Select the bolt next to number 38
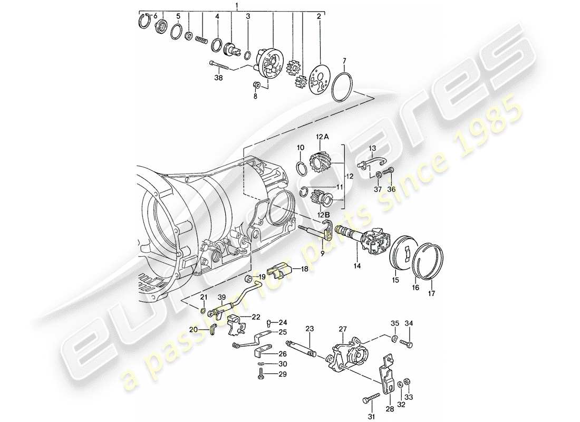pos(221,66)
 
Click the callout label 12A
pos(322,137)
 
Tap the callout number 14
pos(357,267)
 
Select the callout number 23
pos(309,329)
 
